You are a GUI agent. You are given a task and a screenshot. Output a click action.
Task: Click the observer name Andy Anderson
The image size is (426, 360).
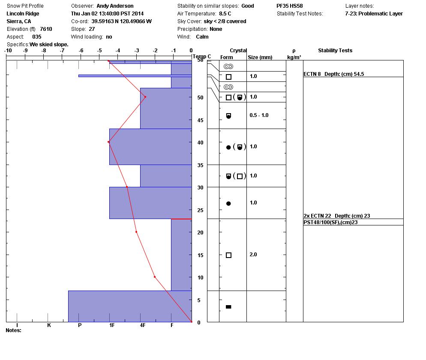[115, 6]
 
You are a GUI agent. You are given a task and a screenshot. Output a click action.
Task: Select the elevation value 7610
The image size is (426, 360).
[46, 29]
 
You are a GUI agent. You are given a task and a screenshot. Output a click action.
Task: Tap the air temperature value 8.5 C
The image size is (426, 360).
[225, 14]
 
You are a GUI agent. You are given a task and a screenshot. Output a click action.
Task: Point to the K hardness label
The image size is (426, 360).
[49, 325]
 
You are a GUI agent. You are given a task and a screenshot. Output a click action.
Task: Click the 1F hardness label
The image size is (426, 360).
[112, 325]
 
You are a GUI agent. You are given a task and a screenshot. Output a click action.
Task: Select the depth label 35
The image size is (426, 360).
[200, 165]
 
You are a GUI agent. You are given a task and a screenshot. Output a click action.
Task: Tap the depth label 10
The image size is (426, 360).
[200, 278]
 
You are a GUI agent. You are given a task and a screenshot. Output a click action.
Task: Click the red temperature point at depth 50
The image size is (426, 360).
[145, 97]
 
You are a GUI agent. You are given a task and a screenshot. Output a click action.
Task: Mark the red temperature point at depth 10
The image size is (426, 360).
[155, 277]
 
